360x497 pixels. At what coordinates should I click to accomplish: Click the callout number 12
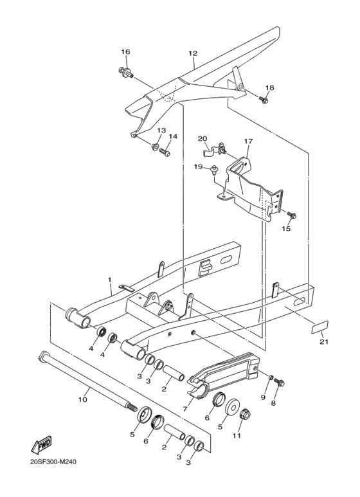point(192,53)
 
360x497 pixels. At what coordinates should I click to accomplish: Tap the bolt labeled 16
point(125,71)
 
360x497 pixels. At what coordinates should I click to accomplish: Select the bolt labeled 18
point(264,99)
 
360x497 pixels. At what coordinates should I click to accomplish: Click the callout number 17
point(249,141)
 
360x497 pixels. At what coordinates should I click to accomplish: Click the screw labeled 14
point(164,153)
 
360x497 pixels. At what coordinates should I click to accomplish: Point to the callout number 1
point(110,280)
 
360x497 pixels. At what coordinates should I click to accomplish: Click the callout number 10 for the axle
point(82,400)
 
